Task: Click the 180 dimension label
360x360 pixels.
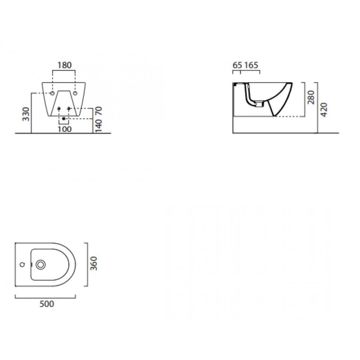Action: tap(64, 65)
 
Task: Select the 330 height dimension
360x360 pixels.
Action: tap(26, 114)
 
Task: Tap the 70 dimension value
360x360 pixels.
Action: tap(98, 111)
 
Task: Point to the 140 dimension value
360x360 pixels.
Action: tap(98, 126)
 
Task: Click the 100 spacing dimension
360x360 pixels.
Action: tap(64, 129)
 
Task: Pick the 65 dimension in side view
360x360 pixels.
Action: tap(237, 65)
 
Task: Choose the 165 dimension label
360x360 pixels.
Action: tap(251, 65)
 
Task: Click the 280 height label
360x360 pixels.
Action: tap(311, 97)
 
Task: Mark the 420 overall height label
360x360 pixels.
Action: tap(324, 110)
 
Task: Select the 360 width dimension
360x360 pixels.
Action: tap(94, 263)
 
